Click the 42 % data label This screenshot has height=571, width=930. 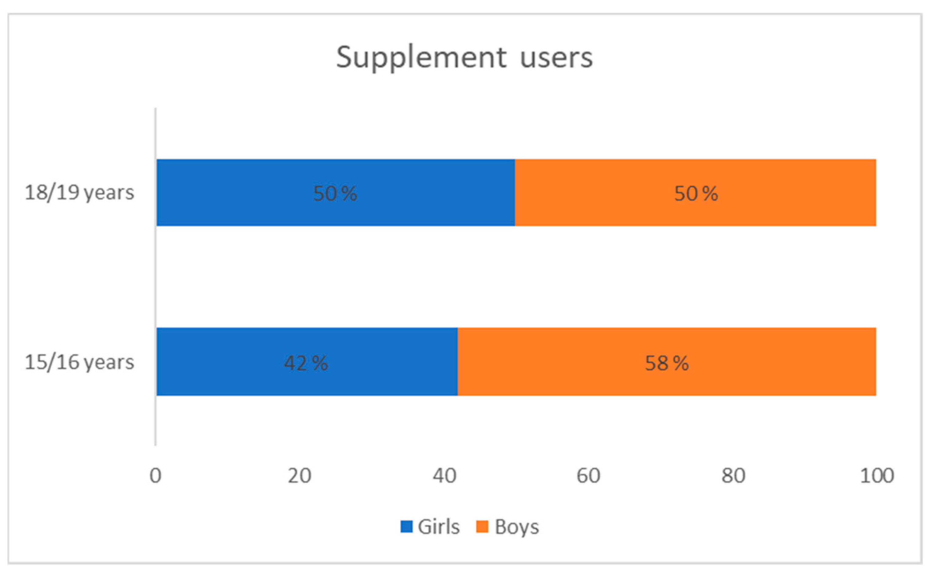[x=306, y=363]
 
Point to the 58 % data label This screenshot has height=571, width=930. [x=667, y=363]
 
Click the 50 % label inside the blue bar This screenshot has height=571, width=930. [x=335, y=193]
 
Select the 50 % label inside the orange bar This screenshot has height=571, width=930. [x=696, y=193]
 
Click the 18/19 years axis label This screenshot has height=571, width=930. [x=79, y=193]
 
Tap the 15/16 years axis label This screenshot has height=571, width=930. [x=79, y=362]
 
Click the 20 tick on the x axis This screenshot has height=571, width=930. [x=300, y=476]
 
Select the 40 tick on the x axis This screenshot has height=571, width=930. [x=444, y=476]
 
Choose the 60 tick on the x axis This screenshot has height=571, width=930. [x=588, y=476]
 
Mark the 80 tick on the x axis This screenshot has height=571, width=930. [x=733, y=476]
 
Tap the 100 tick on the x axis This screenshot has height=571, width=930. [x=877, y=476]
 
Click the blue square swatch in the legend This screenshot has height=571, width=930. [x=406, y=527]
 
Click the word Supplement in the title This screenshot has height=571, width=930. [x=421, y=58]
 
